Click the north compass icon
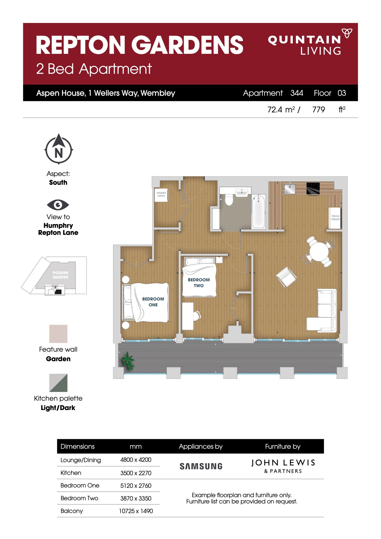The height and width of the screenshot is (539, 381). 59,149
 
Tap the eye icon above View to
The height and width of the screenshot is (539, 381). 58,205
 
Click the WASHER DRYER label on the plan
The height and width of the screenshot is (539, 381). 161,194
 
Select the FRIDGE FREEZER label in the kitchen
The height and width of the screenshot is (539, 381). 335,218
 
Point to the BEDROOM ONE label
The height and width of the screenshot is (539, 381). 153,302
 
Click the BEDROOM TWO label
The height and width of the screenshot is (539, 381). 198,283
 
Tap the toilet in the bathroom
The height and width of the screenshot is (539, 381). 229,200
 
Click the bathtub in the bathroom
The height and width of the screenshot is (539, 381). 258,212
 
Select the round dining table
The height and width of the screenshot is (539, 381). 318,252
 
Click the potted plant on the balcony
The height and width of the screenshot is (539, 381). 128,361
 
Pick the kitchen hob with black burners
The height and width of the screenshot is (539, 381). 313,188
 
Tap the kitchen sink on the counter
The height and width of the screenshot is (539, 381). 290,189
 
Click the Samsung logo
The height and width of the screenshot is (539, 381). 201,466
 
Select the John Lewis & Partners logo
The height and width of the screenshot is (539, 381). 283,466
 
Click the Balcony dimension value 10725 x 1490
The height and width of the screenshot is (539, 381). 136,511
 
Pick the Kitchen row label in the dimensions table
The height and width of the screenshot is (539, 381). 71,473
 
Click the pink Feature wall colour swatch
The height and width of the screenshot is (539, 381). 58,334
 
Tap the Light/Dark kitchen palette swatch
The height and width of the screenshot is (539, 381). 58,383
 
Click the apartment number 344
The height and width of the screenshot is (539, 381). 297,93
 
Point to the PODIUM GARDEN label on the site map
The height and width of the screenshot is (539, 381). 60,275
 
